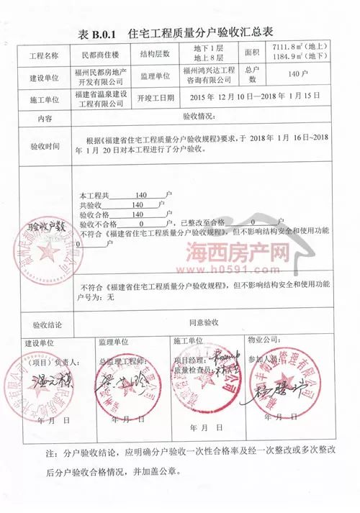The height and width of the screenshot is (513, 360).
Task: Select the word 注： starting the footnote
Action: tap(51, 455)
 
